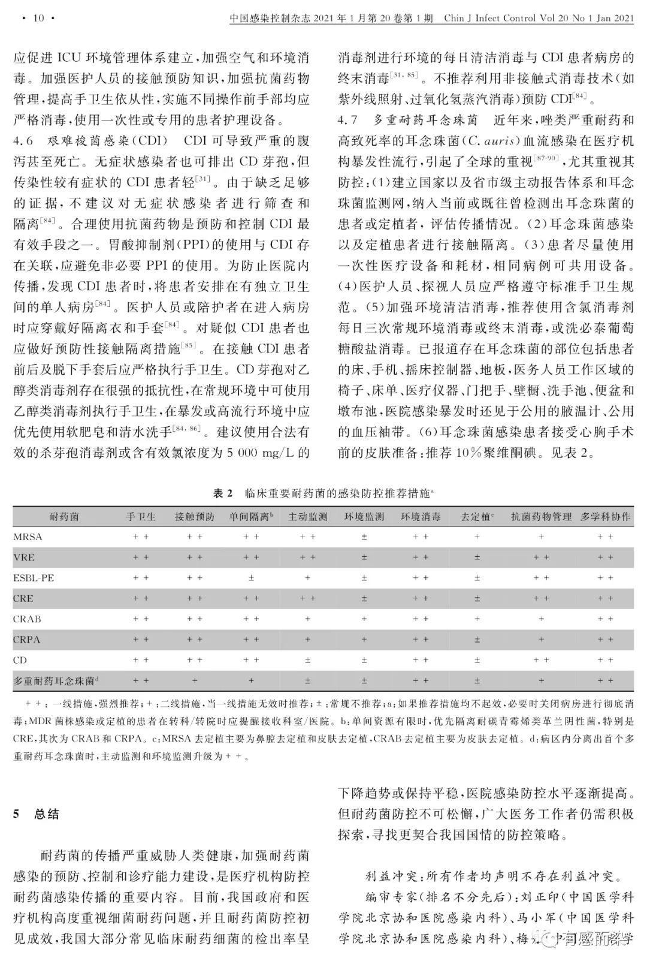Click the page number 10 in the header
coord(38,18)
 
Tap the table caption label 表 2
coord(222,493)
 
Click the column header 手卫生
coord(141,516)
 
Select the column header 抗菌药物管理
coord(541,516)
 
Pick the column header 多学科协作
coord(605,516)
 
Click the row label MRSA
coord(28,537)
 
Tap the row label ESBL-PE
coord(34,578)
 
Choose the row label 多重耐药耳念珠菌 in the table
coord(53,681)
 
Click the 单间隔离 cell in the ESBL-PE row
coord(251,578)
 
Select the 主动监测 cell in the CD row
coord(307,660)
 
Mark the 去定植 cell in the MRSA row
coord(477,537)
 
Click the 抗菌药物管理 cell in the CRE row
coord(541,598)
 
